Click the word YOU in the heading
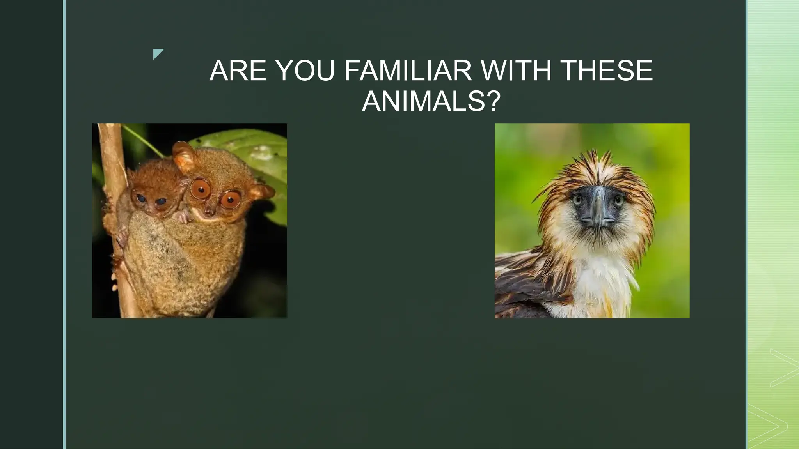coord(305,71)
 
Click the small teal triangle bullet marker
coord(158,53)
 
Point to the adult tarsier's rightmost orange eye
coord(230,200)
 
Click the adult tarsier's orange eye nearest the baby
coord(201,189)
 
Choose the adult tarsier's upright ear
coord(183,156)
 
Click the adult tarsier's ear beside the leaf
coord(262,192)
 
